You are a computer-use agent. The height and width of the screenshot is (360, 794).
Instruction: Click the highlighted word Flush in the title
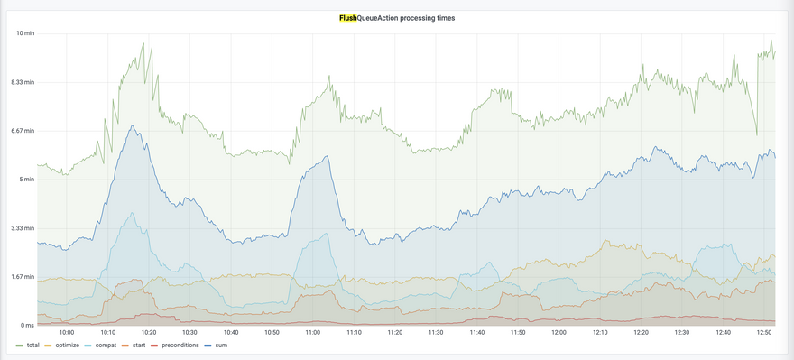[x=348, y=18]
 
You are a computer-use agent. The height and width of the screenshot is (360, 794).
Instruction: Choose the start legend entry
[x=134, y=346]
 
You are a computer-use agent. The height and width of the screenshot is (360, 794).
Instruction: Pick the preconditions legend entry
[x=176, y=346]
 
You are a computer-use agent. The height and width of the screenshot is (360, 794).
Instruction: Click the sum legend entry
[x=217, y=346]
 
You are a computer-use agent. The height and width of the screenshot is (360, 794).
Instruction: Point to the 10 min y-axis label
[x=25, y=33]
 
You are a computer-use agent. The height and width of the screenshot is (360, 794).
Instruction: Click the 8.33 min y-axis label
[x=23, y=82]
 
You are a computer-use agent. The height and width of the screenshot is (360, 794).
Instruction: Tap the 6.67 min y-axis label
[x=23, y=131]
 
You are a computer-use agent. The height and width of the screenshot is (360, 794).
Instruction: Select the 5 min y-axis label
[x=26, y=180]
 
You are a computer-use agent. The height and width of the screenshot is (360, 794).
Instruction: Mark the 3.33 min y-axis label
[x=23, y=228]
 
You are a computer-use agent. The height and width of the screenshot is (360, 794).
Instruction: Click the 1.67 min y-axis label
[x=23, y=276]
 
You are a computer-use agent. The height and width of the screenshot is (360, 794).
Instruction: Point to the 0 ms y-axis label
[x=26, y=325]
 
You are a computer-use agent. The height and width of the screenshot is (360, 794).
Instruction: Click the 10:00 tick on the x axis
[x=67, y=333]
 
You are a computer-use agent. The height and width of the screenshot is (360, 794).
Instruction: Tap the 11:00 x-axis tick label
[x=313, y=333]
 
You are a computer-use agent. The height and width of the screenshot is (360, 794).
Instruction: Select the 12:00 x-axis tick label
[x=559, y=333]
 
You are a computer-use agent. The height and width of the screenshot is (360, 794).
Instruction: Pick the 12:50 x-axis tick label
[x=763, y=333]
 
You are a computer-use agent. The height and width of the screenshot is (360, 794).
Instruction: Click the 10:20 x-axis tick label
[x=149, y=333]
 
